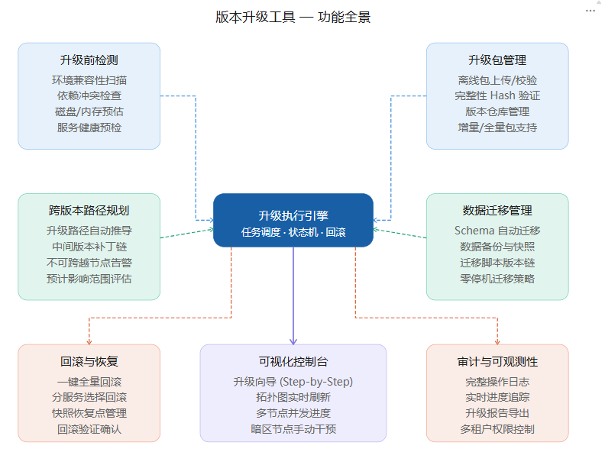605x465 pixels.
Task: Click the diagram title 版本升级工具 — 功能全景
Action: click(293, 17)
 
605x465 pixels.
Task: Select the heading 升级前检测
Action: click(89, 60)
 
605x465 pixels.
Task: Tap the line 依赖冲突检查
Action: click(89, 95)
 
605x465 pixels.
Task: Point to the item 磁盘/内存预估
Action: click(89, 111)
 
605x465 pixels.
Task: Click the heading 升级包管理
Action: click(497, 60)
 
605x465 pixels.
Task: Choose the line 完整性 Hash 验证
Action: click(497, 95)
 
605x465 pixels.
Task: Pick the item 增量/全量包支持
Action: click(497, 128)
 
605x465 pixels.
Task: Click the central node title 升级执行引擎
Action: click(293, 215)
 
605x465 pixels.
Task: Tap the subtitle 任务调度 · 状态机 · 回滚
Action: click(293, 232)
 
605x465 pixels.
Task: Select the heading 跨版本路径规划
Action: click(89, 211)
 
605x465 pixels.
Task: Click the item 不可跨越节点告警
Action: click(89, 263)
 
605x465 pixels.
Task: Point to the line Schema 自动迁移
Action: click(497, 231)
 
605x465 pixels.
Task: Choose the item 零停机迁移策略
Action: click(497, 279)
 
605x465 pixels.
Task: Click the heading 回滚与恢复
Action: click(89, 362)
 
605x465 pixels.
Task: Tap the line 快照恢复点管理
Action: click(89, 413)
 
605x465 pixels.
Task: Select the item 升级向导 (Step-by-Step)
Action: click(293, 382)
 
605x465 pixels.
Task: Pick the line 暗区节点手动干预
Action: click(293, 429)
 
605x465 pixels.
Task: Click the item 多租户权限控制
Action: click(497, 429)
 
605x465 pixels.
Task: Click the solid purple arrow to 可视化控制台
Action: click(293, 295)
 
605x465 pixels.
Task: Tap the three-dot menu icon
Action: click(590, 11)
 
